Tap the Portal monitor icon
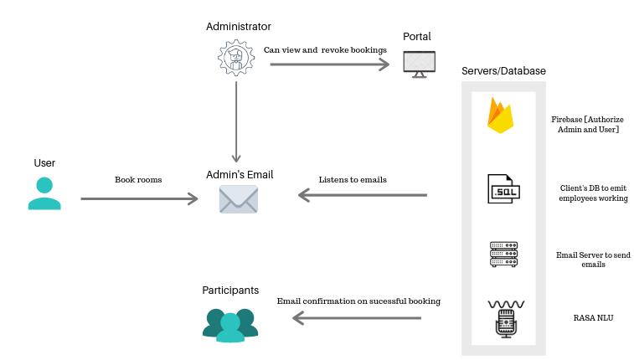coord(419,64)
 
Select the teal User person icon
coord(44,193)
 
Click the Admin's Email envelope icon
coord(238,199)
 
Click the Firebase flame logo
coord(500,116)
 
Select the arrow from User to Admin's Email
coord(139,198)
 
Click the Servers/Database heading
coord(503,71)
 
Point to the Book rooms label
coord(138,180)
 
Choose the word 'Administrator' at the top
coord(239,27)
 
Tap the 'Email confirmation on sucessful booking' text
coord(358,301)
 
